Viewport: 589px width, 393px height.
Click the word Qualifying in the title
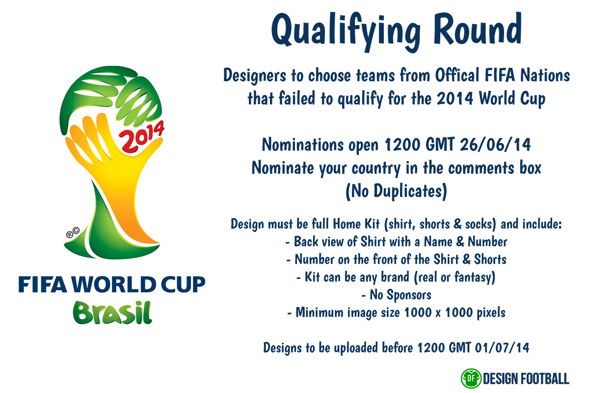point(346,32)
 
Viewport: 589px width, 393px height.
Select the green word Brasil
point(112,313)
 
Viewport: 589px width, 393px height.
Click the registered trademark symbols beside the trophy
point(73,232)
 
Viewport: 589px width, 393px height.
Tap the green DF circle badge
point(471,378)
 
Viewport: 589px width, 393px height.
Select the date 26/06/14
point(495,144)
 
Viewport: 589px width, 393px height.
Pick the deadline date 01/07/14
point(502,347)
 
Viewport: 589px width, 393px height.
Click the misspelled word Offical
point(457,75)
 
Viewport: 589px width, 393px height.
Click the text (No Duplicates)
point(396,192)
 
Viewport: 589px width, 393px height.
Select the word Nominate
point(283,168)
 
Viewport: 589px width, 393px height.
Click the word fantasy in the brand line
point(475,278)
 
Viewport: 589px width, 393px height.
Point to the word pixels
point(491,313)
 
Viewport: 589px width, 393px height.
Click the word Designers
point(255,76)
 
